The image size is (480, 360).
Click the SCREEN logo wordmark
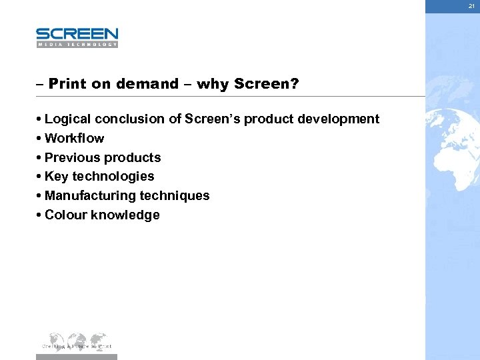coord(77,34)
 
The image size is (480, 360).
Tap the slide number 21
coord(471,6)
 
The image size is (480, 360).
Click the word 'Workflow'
coord(74,139)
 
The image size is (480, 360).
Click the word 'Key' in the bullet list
coord(56,177)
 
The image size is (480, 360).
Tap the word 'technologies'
coord(113,177)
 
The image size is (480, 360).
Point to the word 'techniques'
coord(175,196)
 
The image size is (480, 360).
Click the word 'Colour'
coord(65,215)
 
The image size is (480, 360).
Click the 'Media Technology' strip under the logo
coord(77,45)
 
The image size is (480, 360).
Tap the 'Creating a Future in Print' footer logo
coord(77,341)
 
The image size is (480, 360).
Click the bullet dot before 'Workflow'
coord(40,139)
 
